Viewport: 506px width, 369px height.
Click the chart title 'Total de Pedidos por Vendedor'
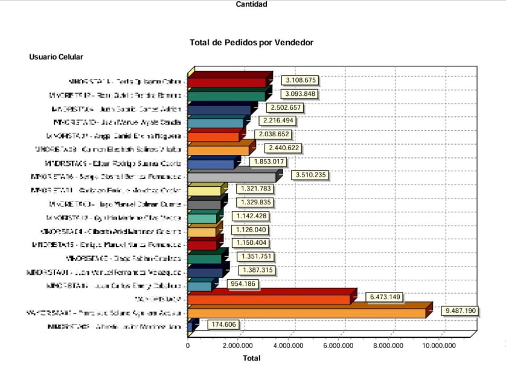(x=251, y=42)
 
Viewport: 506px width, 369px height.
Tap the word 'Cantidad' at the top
(x=251, y=4)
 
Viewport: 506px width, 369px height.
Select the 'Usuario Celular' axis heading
(x=56, y=57)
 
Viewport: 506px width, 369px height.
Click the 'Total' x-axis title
(x=251, y=358)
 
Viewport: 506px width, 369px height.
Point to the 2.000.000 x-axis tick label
(x=238, y=345)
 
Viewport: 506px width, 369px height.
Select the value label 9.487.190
(x=460, y=311)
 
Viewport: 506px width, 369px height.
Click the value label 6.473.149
(x=385, y=297)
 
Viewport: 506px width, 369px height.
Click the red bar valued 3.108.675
(x=226, y=83)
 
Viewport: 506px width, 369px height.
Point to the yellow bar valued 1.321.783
(x=205, y=191)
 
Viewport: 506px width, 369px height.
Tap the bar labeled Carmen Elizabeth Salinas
(x=218, y=150)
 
